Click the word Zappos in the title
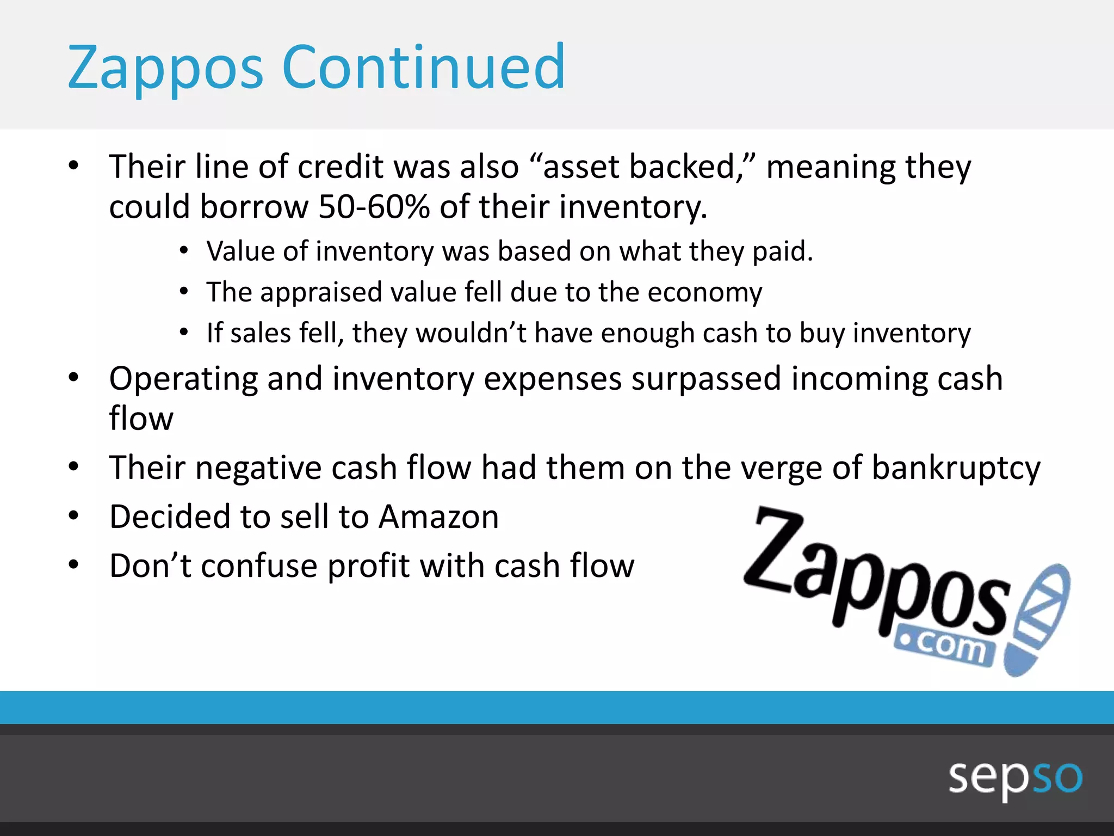point(165,68)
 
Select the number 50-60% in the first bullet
point(374,207)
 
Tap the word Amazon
point(438,517)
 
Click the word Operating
point(183,379)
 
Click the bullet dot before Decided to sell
point(74,516)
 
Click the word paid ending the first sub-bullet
point(782,252)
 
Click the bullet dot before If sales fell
point(184,332)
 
